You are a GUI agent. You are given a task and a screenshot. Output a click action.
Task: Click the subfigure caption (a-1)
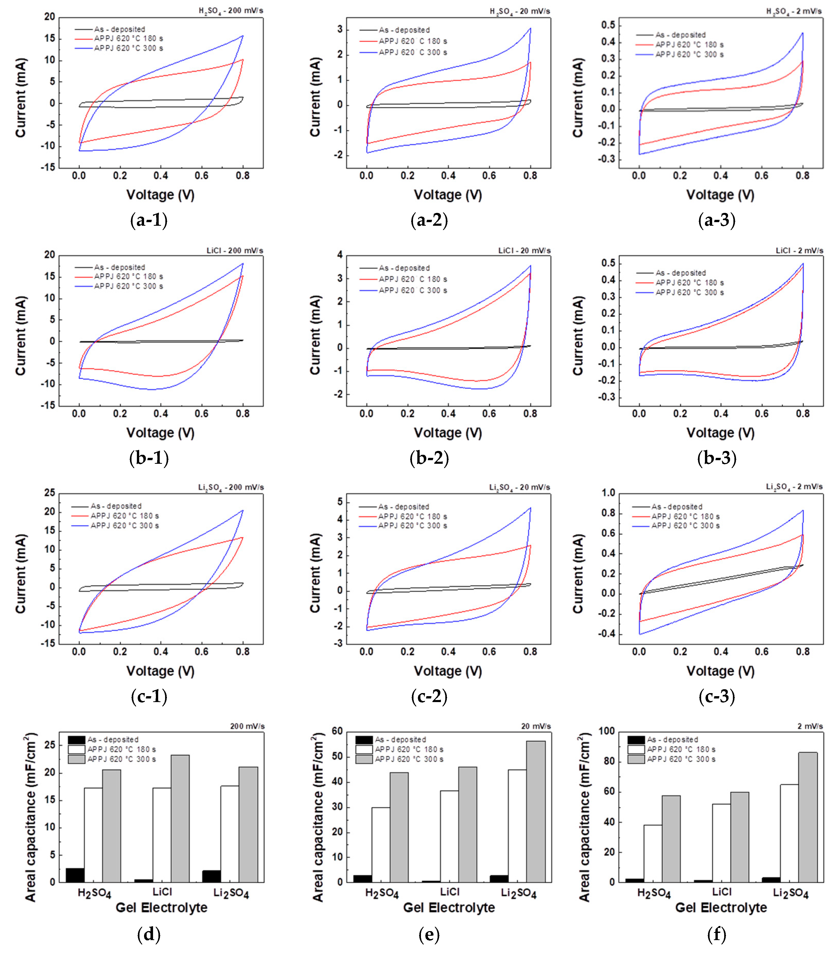click(x=149, y=220)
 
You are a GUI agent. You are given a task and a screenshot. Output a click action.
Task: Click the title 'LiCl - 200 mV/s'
click(x=235, y=251)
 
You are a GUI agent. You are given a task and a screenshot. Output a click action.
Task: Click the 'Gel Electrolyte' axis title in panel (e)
click(x=449, y=907)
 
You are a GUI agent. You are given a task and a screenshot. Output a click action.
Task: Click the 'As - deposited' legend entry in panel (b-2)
click(x=404, y=268)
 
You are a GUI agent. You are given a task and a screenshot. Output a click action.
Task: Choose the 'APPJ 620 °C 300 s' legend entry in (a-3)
click(x=689, y=54)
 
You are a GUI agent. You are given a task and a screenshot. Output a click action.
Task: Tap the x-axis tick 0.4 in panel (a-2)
click(x=448, y=176)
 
